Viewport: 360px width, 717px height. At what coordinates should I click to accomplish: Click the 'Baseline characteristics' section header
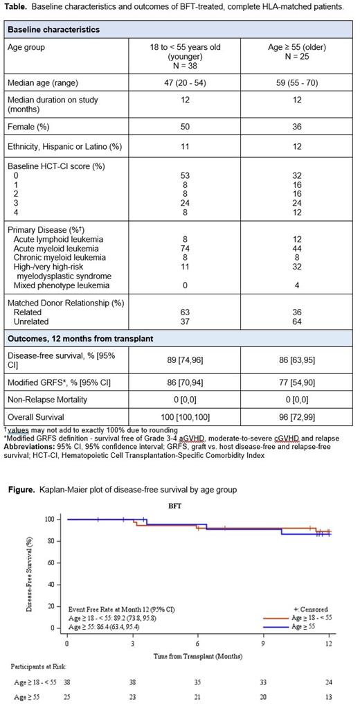(x=53, y=30)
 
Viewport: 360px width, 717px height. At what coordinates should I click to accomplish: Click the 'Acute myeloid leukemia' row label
(x=55, y=249)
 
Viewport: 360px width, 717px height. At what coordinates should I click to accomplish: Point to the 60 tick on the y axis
(x=48, y=563)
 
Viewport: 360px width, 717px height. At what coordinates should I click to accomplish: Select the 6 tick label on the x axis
(x=198, y=644)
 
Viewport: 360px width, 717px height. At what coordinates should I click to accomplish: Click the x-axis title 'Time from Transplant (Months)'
(x=197, y=655)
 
